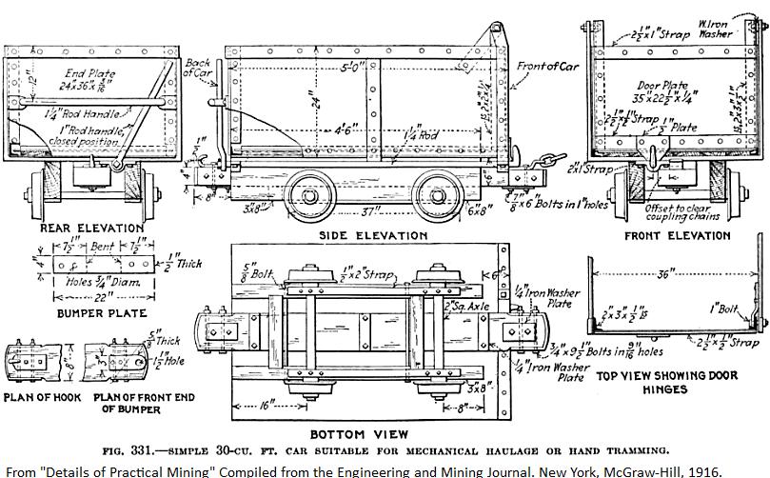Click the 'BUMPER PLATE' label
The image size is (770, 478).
(101, 312)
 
